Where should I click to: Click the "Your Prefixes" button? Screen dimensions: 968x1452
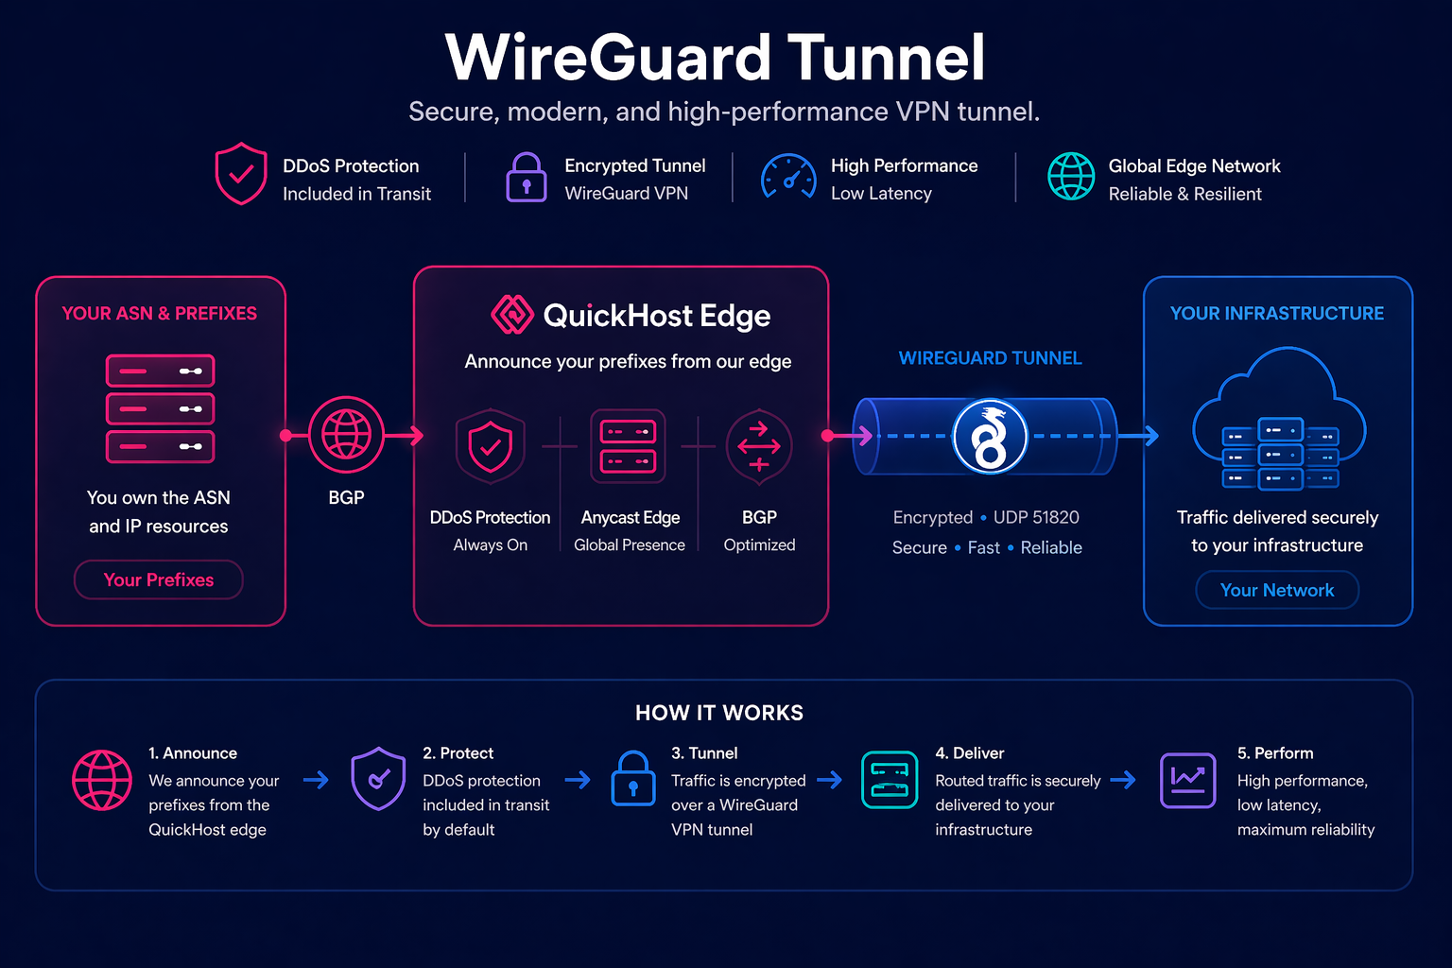159,579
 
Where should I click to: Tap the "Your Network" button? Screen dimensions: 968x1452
1276,590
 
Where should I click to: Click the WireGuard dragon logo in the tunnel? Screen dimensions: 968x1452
989,437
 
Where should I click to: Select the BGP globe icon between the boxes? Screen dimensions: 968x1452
346,435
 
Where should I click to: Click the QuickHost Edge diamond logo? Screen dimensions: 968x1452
511,315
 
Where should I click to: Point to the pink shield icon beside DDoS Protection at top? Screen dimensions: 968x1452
241,174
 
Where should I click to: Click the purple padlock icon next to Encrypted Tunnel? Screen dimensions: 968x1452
527,178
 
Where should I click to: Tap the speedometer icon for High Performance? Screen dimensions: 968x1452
788,178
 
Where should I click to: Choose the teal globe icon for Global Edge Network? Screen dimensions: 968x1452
1071,177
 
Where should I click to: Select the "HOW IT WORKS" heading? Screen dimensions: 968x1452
718,713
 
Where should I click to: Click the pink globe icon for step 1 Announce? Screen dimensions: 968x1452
102,781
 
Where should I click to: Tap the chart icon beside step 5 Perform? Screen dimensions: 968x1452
1187,781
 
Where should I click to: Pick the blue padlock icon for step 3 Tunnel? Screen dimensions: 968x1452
632,779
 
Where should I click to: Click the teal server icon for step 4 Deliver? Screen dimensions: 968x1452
890,781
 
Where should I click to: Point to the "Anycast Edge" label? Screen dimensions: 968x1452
630,517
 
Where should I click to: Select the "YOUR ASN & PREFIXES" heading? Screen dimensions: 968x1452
159,313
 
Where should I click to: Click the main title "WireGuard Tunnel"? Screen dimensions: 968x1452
716,58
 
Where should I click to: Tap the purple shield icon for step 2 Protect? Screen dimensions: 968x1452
378,779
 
